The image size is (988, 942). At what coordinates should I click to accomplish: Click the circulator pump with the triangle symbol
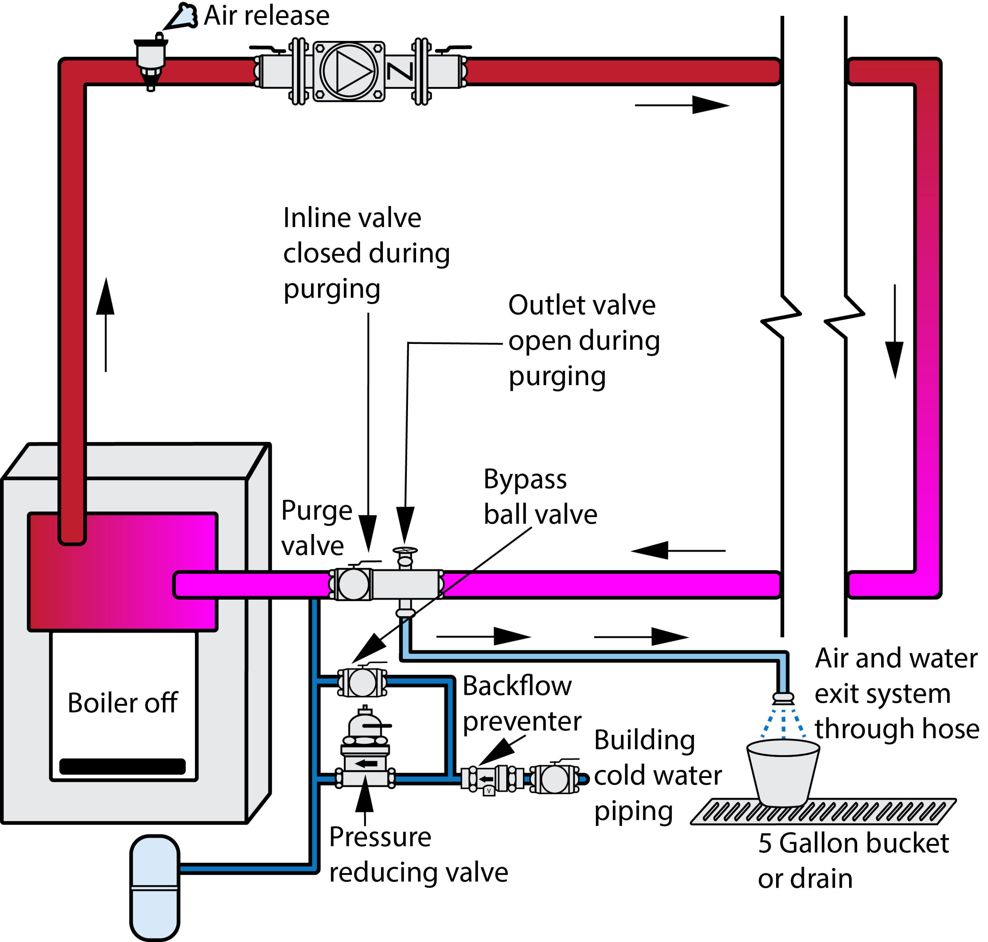tap(349, 71)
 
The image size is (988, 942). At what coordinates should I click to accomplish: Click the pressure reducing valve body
tap(365, 753)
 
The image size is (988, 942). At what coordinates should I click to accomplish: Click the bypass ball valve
tap(362, 682)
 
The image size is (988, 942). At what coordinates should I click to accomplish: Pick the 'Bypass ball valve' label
tap(540, 497)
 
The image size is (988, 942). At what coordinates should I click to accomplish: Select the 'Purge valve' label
tap(316, 528)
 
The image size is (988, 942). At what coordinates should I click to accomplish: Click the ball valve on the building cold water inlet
tap(554, 779)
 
